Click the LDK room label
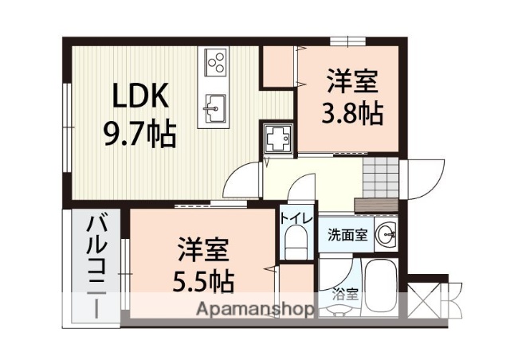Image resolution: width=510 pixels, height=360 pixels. click(x=140, y=96)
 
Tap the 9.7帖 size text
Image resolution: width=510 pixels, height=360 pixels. click(x=140, y=133)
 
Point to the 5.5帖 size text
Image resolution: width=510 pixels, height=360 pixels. click(x=204, y=281)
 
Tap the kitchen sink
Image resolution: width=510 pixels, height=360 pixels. click(x=215, y=108)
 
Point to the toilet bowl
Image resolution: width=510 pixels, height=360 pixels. click(x=294, y=241)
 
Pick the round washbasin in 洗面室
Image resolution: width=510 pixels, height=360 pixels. click(x=386, y=234)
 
